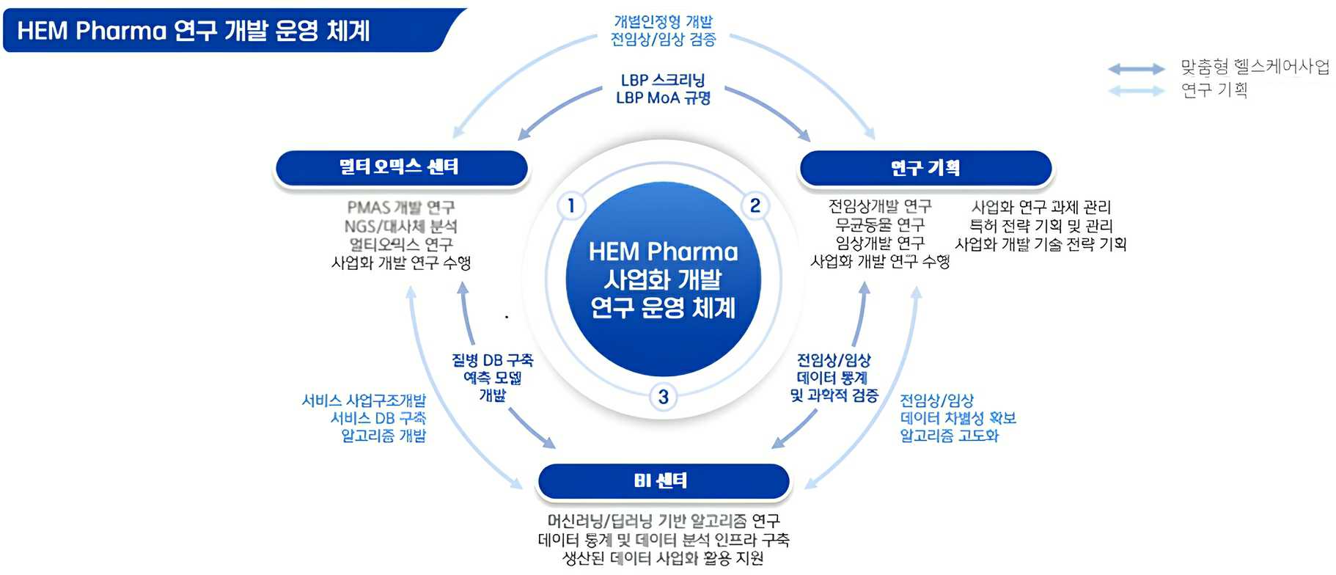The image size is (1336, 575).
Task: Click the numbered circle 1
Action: [571, 205]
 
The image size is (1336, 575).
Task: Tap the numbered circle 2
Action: [755, 205]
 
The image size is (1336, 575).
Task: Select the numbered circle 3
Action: [663, 397]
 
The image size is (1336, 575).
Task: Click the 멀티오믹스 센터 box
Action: [400, 167]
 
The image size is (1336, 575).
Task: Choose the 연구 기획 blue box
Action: [925, 168]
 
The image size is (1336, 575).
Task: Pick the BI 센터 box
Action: [662, 480]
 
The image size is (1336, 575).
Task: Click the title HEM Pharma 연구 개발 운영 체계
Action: [194, 31]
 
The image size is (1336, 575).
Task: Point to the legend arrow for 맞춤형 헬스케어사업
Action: [1136, 69]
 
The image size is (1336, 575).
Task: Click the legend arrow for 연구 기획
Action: [1136, 91]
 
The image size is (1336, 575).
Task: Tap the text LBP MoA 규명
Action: [663, 98]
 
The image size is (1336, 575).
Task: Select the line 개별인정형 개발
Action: [663, 22]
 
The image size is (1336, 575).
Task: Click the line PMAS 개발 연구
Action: [401, 208]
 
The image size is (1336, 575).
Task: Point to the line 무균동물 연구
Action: [880, 224]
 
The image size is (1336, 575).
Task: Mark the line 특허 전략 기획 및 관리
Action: [1040, 226]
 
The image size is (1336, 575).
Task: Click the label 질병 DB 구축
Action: [492, 360]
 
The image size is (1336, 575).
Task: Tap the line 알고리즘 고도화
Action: [949, 436]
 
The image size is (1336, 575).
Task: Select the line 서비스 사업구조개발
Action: [364, 400]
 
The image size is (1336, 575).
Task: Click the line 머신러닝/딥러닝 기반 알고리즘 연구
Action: [663, 521]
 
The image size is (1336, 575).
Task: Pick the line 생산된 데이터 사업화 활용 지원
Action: [663, 558]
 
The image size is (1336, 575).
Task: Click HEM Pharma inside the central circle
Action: [663, 252]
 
